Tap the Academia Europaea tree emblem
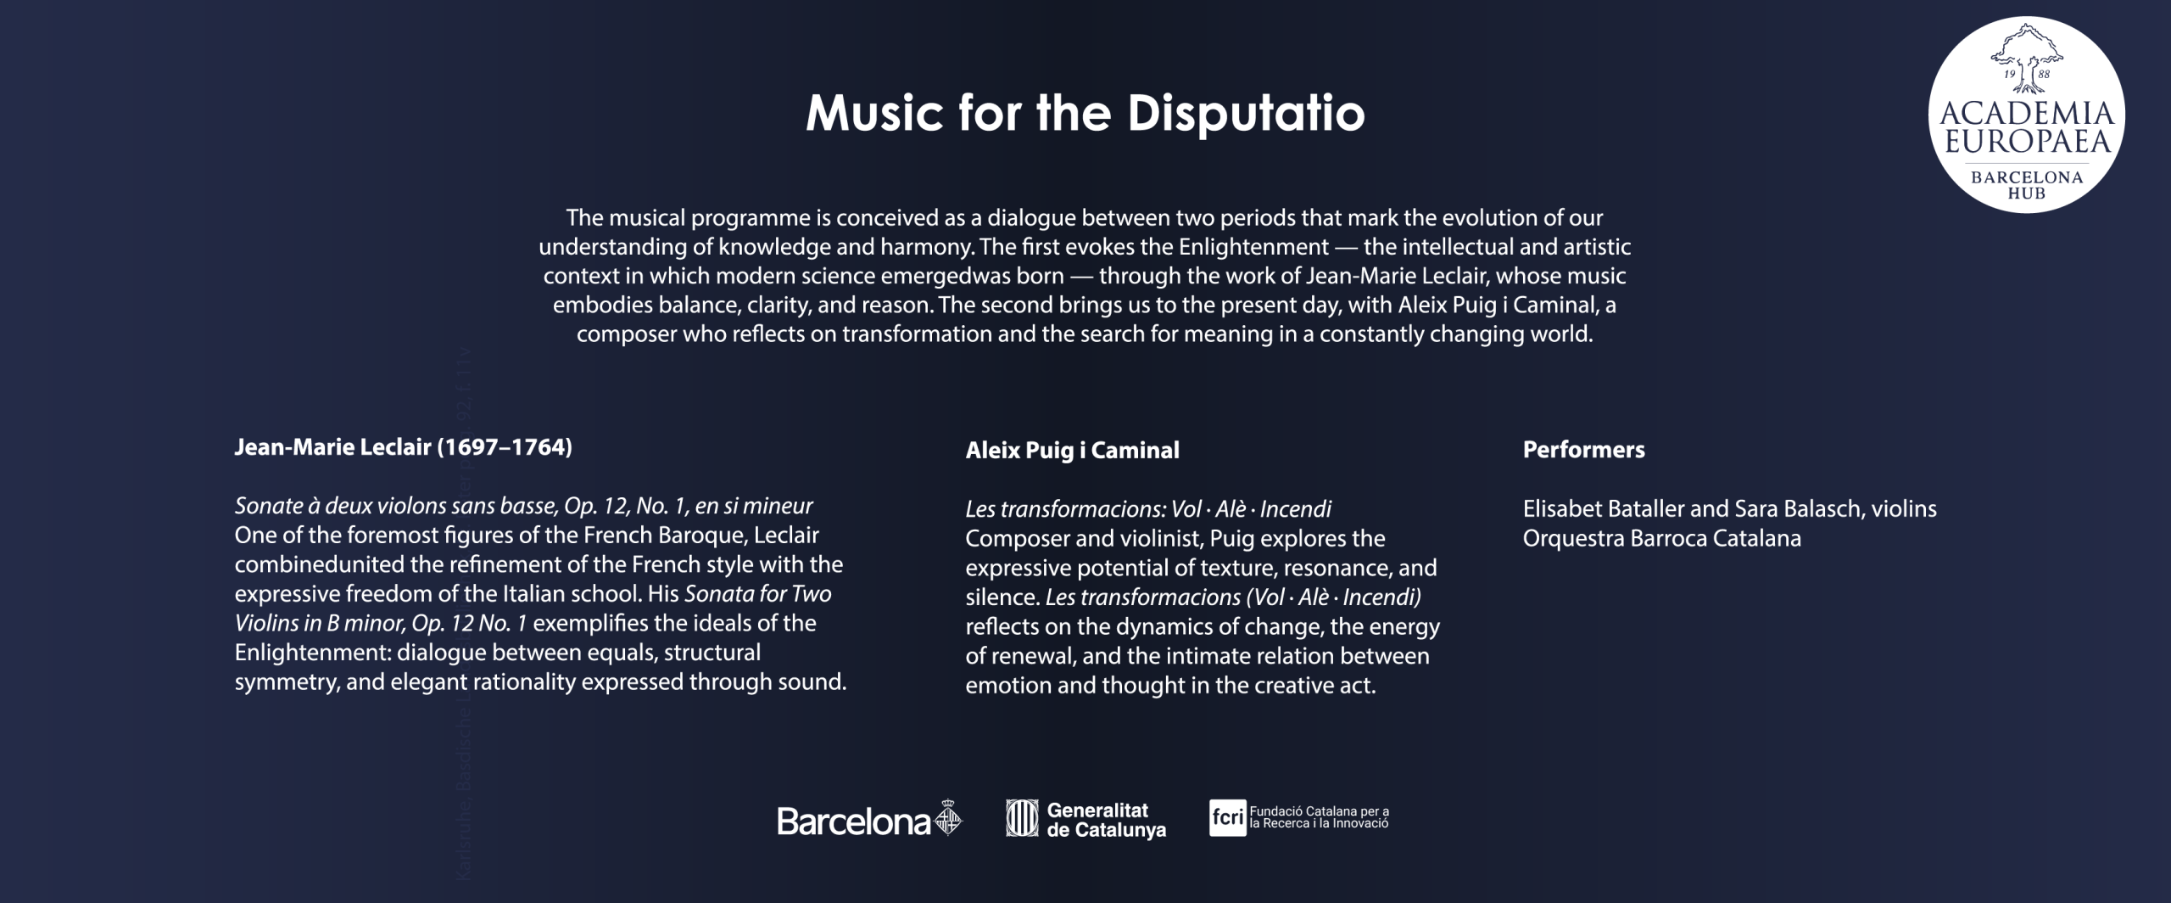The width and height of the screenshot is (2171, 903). click(2026, 58)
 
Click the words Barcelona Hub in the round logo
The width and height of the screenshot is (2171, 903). click(2026, 185)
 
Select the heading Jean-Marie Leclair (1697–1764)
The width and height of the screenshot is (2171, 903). click(403, 447)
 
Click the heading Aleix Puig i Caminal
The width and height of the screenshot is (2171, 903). click(1072, 450)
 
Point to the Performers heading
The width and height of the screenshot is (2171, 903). click(1583, 449)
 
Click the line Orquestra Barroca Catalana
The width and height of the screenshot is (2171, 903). click(1661, 538)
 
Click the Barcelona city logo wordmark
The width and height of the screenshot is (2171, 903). click(854, 821)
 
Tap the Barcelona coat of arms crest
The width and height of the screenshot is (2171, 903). click(948, 818)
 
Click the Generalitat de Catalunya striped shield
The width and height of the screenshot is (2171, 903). click(1022, 818)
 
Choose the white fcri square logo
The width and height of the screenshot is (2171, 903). click(1227, 818)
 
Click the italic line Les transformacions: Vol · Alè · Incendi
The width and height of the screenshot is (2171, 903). click(1148, 509)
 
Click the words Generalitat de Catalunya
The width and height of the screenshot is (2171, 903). click(1106, 820)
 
